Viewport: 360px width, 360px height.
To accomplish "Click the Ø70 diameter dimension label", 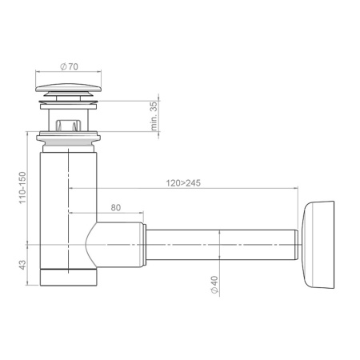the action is (x=70, y=66).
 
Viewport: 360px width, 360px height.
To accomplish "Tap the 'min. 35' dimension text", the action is (x=154, y=116).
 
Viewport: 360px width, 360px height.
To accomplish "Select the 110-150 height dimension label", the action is (x=22, y=188).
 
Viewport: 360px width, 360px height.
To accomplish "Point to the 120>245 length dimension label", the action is (x=183, y=183).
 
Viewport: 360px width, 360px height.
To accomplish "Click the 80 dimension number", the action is (x=116, y=207).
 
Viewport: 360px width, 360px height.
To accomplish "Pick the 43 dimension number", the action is (x=22, y=265).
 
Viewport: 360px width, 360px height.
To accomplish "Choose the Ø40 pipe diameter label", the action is (x=214, y=285).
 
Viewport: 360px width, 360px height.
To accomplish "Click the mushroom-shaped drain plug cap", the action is (x=69, y=88).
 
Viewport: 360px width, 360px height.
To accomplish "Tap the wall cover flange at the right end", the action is (x=318, y=245).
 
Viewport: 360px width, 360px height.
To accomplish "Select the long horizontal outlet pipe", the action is (x=221, y=245).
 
